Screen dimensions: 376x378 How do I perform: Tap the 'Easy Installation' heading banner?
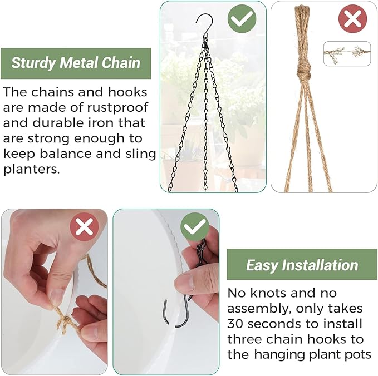(x=302, y=265)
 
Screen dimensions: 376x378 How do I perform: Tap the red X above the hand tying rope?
(x=85, y=227)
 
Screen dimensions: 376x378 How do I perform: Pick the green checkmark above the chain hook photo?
(x=195, y=227)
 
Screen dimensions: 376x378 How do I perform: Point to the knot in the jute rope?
(x=303, y=70)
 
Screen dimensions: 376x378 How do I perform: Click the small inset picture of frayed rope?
(x=347, y=53)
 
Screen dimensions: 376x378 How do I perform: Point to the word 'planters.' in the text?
(x=31, y=170)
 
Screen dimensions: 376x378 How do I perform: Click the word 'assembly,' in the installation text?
(x=258, y=308)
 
